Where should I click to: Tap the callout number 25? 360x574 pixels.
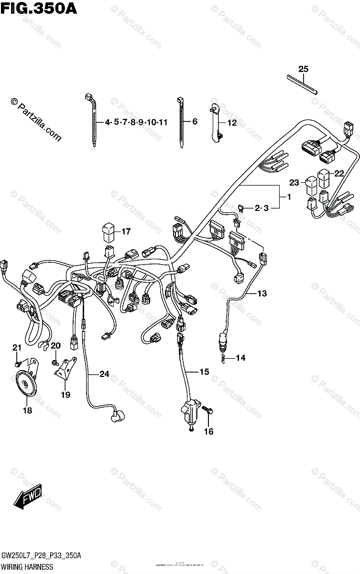pyautogui.click(x=303, y=69)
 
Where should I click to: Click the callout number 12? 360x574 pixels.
pyautogui.click(x=231, y=122)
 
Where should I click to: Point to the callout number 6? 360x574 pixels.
pyautogui.click(x=194, y=122)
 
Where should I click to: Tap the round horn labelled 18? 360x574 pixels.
pyautogui.click(x=25, y=385)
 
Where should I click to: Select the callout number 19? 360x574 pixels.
pyautogui.click(x=65, y=395)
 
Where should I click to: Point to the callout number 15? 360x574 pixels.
pyautogui.click(x=205, y=371)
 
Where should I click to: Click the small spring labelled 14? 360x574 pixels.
pyautogui.click(x=223, y=357)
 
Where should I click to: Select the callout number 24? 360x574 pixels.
pyautogui.click(x=104, y=374)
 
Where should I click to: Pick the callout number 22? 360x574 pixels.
pyautogui.click(x=339, y=173)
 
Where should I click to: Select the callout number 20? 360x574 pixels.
pyautogui.click(x=56, y=346)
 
